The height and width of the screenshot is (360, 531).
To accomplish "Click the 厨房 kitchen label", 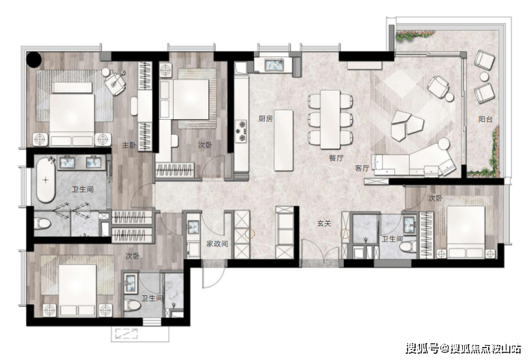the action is (x=265, y=118).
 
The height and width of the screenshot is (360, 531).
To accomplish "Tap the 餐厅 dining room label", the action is (x=336, y=158).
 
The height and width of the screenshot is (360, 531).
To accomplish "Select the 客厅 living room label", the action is (x=362, y=168).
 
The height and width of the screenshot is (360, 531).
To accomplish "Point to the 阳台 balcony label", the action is (x=485, y=119).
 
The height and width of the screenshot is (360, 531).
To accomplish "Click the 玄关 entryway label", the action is (x=324, y=223).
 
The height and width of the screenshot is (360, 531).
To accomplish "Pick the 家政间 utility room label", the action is (x=217, y=244).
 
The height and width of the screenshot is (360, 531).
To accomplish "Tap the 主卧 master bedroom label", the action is (x=129, y=145).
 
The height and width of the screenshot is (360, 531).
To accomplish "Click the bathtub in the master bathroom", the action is (x=46, y=180).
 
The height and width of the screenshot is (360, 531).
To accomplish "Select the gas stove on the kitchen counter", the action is (x=242, y=131).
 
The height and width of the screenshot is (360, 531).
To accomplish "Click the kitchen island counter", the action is (x=283, y=140).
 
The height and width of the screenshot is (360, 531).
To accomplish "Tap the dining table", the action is (x=330, y=119).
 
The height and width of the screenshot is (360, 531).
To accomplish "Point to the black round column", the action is (x=34, y=59).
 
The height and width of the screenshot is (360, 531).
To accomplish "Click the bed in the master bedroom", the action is (x=72, y=114).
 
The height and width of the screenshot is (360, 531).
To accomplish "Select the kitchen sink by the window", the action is (x=274, y=65).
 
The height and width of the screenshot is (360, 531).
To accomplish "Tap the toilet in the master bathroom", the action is (x=42, y=223).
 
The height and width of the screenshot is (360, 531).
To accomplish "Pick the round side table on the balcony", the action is (x=485, y=76).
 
